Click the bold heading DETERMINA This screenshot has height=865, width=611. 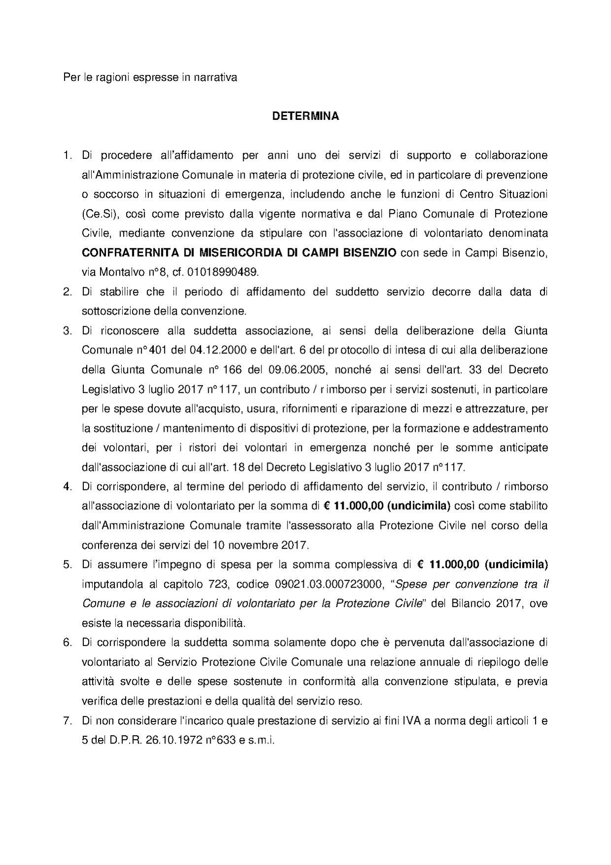(305, 117)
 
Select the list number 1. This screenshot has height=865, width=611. (67, 155)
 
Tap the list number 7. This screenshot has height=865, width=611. (67, 721)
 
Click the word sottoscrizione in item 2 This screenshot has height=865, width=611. (116, 311)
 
